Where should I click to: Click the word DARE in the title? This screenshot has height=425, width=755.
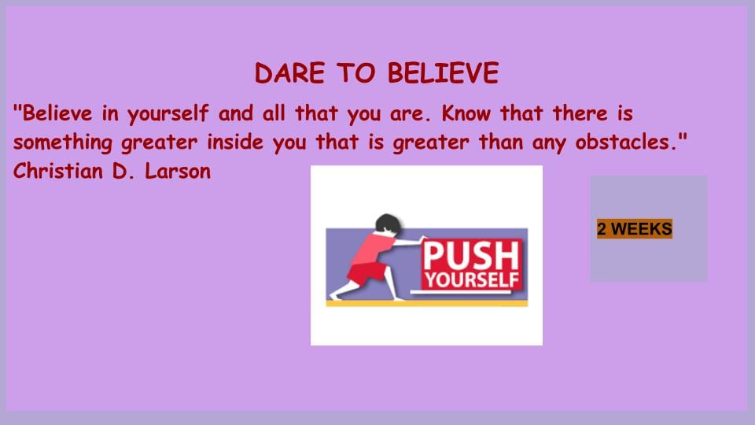point(289,73)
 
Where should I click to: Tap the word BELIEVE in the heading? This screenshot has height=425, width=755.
point(443,73)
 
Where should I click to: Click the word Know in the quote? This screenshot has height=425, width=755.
point(466,113)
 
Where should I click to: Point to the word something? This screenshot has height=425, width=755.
point(63,143)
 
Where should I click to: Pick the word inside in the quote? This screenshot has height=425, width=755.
point(235,142)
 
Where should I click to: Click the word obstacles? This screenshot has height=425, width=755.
point(627,142)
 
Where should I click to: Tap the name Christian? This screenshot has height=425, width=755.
point(57,171)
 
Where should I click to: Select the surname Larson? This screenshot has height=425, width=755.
point(178,171)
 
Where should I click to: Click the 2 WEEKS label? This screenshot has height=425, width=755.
point(635,229)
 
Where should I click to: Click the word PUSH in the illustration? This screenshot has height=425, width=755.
point(471,257)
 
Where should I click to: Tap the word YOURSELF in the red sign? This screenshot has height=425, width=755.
point(471,280)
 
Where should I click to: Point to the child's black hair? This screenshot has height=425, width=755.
point(388,224)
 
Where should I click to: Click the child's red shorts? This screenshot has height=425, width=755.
point(367,273)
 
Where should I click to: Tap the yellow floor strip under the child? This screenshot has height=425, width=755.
point(426,303)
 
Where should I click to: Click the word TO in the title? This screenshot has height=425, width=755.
point(355,73)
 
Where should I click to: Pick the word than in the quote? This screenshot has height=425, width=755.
point(501,142)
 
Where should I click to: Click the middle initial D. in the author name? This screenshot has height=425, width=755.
point(123,171)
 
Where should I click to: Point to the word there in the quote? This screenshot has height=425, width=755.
point(580,113)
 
